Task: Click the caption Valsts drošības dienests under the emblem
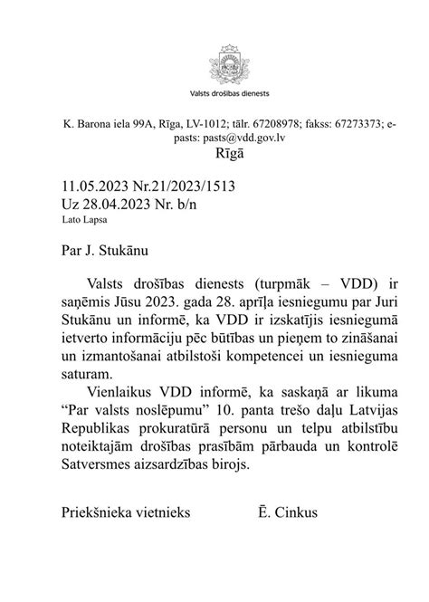(214, 93)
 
